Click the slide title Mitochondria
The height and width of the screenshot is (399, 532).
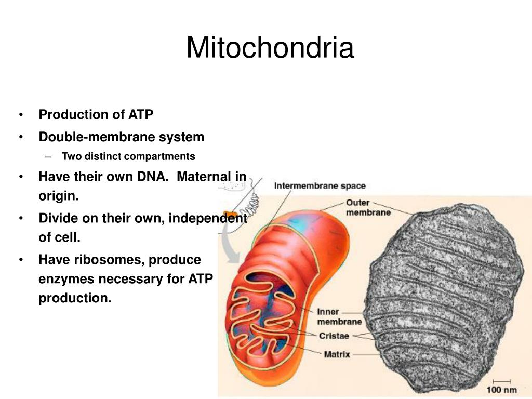[x=270, y=48]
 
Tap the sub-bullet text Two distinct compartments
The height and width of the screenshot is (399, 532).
[x=128, y=156]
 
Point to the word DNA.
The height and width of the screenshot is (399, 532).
[x=153, y=177]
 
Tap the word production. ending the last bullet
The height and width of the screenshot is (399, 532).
[x=75, y=299]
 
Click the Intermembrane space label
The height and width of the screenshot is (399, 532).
[x=320, y=186]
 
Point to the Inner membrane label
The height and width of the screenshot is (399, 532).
[x=339, y=316]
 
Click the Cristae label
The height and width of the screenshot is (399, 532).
[x=334, y=336]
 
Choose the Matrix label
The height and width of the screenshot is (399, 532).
[x=337, y=355]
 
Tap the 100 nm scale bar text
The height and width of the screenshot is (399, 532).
[x=501, y=389]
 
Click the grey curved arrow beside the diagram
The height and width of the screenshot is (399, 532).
[x=228, y=242]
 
